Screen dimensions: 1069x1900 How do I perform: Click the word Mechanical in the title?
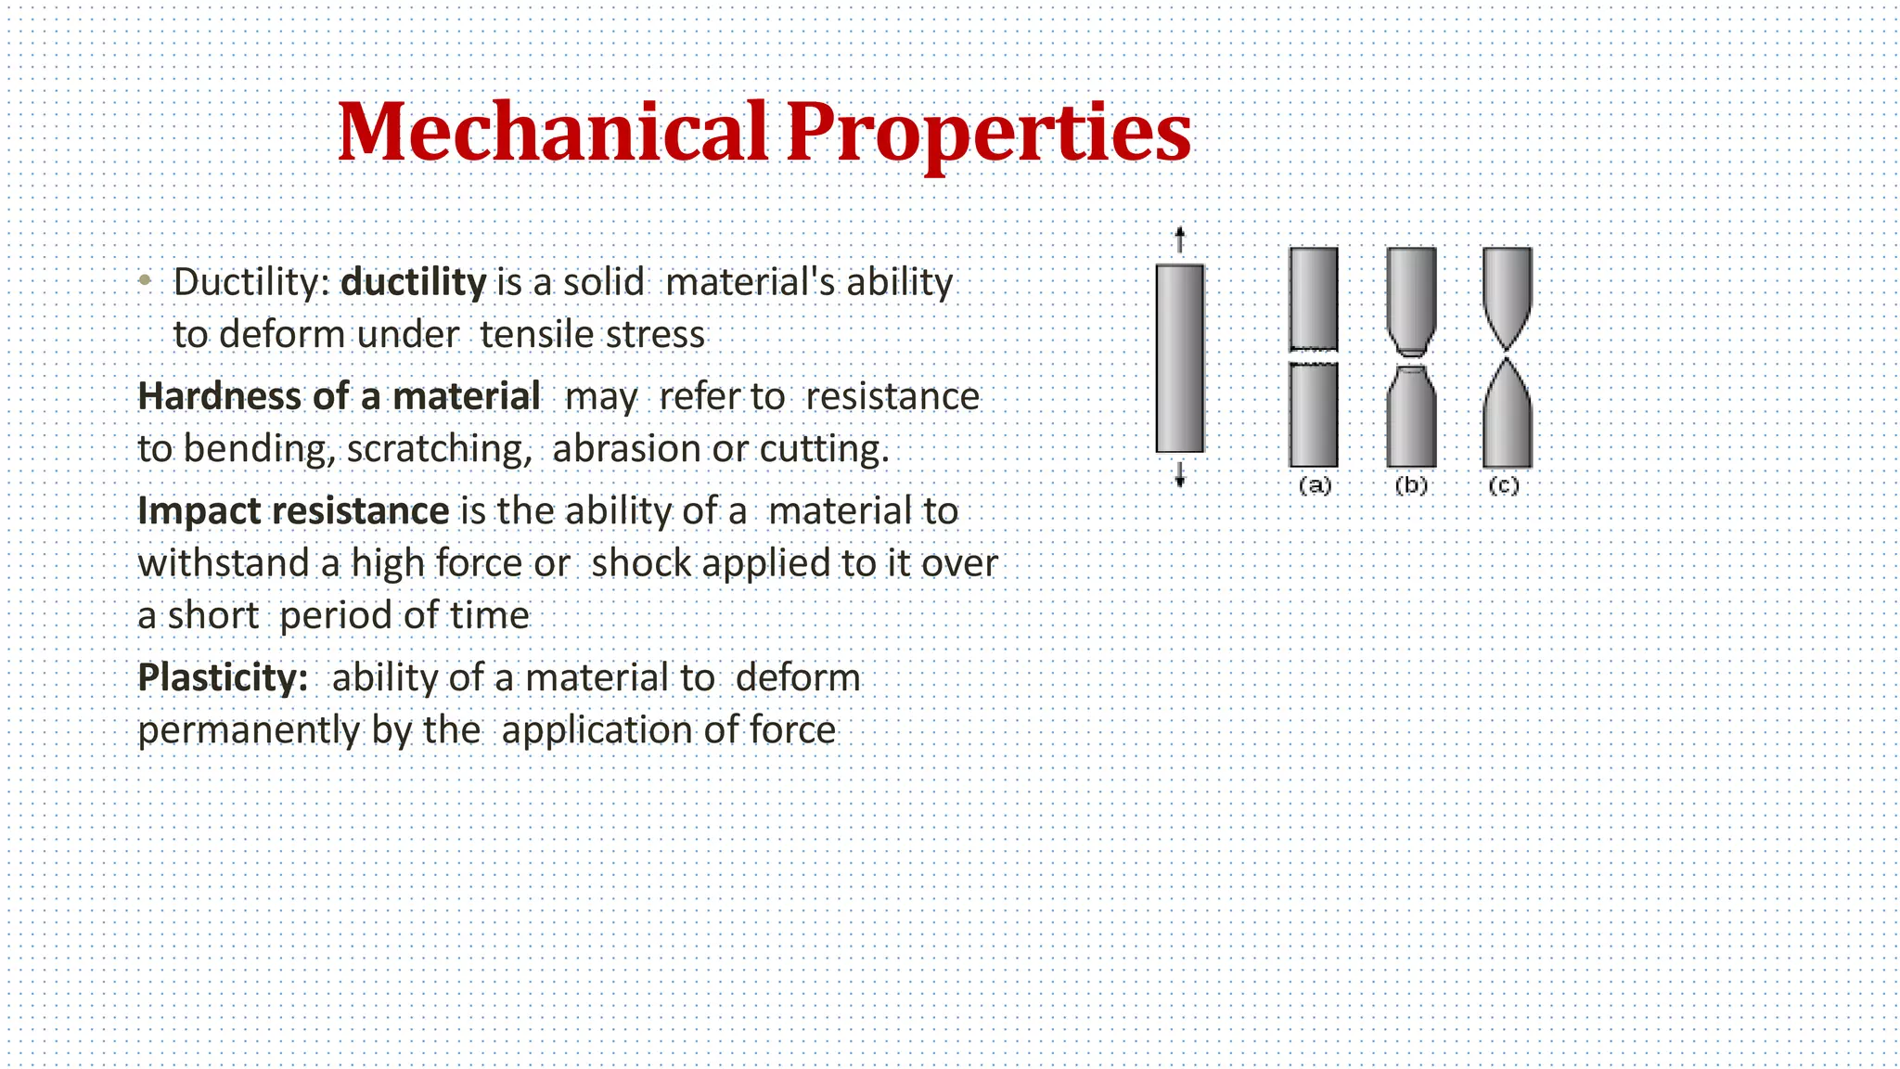(x=553, y=132)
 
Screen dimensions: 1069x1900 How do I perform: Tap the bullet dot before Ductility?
(x=145, y=279)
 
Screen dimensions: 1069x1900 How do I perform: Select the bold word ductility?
(x=413, y=282)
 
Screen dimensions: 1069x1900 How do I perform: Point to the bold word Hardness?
(x=219, y=396)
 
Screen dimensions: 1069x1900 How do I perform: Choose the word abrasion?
(x=626, y=449)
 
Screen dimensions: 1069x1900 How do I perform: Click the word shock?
(x=641, y=563)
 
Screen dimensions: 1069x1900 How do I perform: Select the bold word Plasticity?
(x=223, y=677)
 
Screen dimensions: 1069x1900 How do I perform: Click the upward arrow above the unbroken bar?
(x=1179, y=239)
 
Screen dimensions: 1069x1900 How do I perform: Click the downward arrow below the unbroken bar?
(x=1179, y=475)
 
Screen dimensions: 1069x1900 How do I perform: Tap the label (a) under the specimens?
(x=1314, y=485)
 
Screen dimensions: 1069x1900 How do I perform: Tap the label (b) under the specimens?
(x=1410, y=485)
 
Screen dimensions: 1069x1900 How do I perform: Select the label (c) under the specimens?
(x=1504, y=485)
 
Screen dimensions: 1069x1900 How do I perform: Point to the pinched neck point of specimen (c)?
(x=1507, y=356)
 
